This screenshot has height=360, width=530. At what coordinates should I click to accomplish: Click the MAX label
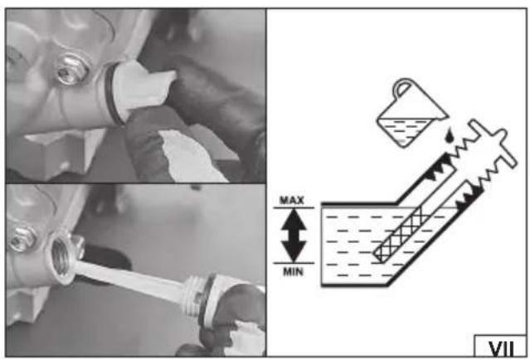292,200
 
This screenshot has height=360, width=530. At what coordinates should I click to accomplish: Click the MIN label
293,271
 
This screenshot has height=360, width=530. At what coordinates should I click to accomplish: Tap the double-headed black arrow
294,236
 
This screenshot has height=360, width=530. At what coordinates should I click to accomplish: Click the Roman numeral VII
501,348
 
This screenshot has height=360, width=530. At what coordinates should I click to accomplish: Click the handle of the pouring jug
403,87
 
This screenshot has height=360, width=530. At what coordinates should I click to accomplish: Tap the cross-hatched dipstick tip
399,235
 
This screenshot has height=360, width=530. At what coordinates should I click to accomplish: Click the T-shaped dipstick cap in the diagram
494,142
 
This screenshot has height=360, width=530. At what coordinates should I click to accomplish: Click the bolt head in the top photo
71,70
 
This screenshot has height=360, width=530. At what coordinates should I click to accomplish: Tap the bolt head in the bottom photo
22,239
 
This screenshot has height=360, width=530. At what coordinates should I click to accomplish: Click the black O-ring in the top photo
111,95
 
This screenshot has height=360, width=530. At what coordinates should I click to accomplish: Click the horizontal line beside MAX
294,207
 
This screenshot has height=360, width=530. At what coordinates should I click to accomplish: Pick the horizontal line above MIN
294,263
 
